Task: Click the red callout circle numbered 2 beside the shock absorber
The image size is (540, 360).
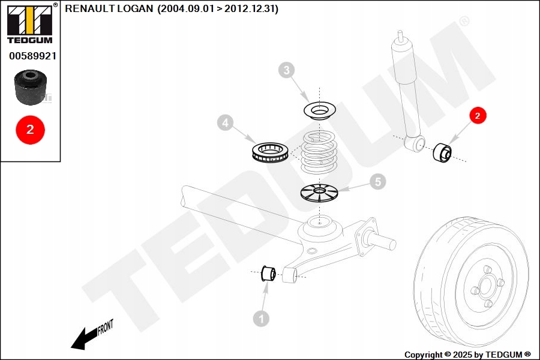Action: coord(478,116)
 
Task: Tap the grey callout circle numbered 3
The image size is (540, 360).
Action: coord(287,71)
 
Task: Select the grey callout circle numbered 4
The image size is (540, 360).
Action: coord(225,124)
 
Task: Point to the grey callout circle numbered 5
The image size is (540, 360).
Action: coord(377,181)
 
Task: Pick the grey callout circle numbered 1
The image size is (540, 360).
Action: coord(261,319)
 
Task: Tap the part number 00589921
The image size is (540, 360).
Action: coord(32,56)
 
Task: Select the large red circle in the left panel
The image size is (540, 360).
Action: coord(30,129)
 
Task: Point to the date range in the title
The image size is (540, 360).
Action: coord(218,9)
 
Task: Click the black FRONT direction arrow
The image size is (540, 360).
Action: coord(84,338)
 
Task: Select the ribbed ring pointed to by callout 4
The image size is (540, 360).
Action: coord(269,151)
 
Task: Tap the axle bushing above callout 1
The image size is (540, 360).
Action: coord(268,272)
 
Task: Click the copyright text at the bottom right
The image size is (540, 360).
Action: coord(467,355)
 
